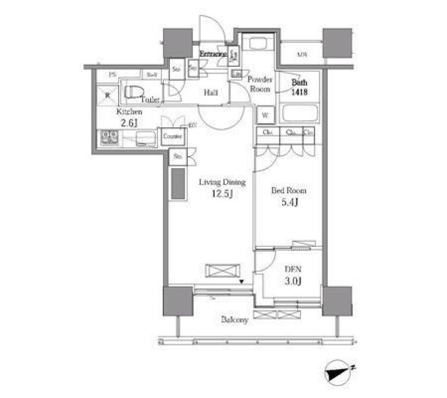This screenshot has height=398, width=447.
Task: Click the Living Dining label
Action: [x=222, y=182]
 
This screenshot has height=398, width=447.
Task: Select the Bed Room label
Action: [x=289, y=191]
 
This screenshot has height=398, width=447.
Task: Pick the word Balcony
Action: [x=235, y=320]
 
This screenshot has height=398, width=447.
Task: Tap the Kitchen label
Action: [x=129, y=112]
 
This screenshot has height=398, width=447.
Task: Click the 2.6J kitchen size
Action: [x=129, y=123]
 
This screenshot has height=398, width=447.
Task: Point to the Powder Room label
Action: [x=260, y=84]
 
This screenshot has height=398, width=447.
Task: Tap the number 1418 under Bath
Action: [x=299, y=92]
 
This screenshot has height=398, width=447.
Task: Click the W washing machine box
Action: [x=265, y=115]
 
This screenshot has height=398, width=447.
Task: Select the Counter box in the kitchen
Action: [x=173, y=137]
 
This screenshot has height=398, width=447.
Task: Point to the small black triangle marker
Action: [x=242, y=281]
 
